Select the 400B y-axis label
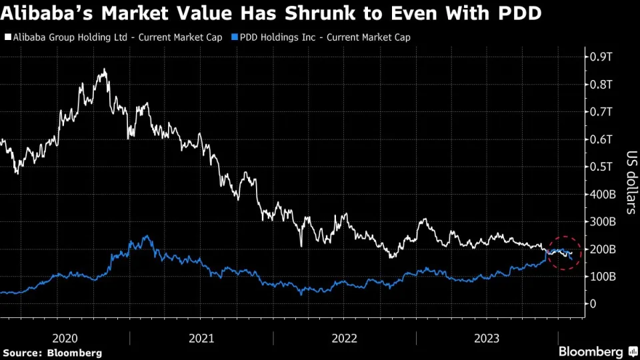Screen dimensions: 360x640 coord(605,194)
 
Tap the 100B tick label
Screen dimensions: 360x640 coord(605,276)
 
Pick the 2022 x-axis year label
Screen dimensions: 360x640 coord(346,338)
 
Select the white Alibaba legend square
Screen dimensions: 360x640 coord(6,37)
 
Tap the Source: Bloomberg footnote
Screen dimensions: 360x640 coord(52,353)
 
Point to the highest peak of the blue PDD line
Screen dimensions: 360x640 coord(146,236)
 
